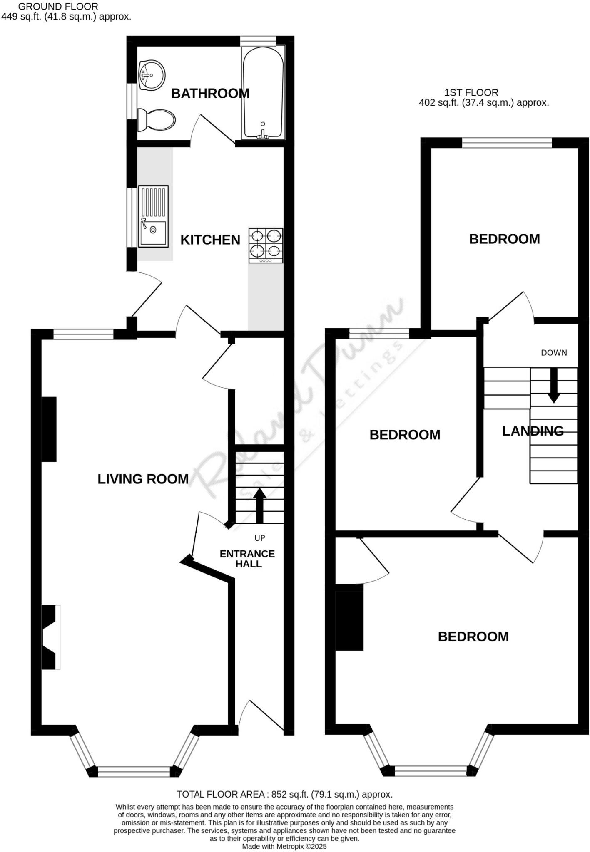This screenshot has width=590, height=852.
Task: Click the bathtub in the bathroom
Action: [263, 92]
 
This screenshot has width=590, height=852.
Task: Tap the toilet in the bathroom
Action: [156, 119]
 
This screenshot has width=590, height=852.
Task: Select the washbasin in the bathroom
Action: [152, 75]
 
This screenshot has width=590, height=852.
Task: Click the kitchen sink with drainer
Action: [153, 216]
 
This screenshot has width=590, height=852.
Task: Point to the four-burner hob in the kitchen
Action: [266, 245]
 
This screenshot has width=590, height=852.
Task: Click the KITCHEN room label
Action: [210, 240]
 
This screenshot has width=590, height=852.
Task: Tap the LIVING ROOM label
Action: [143, 479]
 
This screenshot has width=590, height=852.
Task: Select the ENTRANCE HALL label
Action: [247, 559]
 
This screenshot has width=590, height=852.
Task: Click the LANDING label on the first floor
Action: [533, 431]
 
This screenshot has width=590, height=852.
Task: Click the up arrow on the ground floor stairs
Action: [259, 505]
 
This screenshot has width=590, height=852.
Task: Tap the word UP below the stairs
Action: [260, 538]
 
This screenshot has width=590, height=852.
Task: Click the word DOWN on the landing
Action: [554, 353]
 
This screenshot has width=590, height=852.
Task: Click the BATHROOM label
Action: [210, 94]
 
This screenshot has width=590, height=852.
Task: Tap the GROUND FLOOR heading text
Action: [58, 7]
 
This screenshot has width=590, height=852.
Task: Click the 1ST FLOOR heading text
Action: [471, 92]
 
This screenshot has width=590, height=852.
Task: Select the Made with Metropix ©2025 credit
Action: [284, 847]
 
